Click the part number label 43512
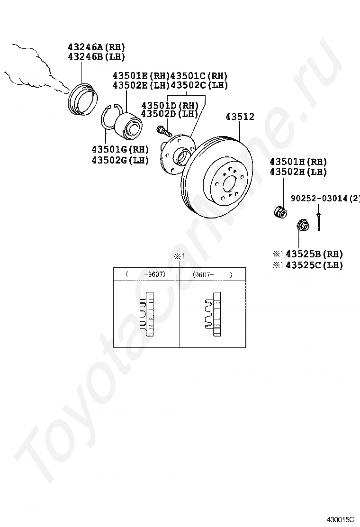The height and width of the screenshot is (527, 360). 240,117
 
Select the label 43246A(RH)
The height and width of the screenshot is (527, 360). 96,47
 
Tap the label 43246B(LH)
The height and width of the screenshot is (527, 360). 96,56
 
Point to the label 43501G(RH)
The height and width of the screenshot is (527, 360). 120,149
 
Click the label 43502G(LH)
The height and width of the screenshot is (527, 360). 120,160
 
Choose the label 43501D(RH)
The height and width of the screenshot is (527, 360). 170,105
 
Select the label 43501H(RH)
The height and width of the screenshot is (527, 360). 298,162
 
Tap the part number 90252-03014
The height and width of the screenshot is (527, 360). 319,198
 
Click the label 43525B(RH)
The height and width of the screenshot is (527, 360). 315,254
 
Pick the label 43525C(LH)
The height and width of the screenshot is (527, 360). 315,265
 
